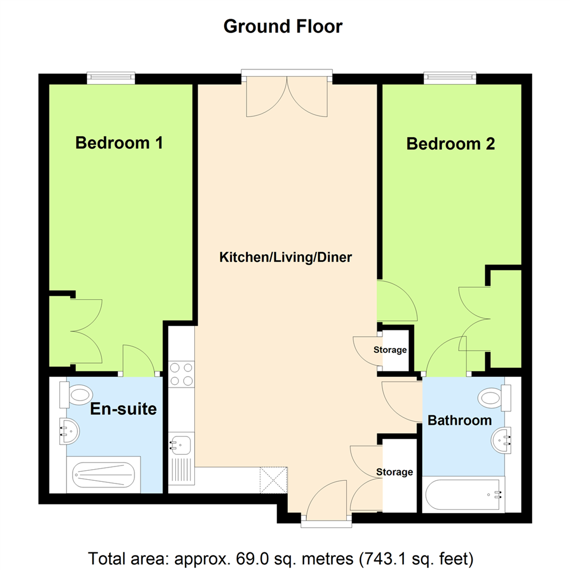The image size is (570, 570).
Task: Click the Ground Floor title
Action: pos(283,26)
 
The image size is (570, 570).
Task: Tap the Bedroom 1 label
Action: pos(119,143)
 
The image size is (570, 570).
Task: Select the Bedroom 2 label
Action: pos(450,144)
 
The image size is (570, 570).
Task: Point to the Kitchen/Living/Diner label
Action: pos(286,258)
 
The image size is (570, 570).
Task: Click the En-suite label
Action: pos(123,409)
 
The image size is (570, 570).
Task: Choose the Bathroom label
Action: pos(460,420)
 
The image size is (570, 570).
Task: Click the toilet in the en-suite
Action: pos(76,395)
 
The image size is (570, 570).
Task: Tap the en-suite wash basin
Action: pos(69,431)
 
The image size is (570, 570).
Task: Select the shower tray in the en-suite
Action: pos(103,475)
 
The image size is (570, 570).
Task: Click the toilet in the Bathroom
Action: pos(495,398)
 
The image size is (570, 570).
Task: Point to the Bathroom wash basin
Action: pos(501,441)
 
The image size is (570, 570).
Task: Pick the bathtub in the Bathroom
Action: pos(463,495)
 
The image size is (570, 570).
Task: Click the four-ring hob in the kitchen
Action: pos(182,374)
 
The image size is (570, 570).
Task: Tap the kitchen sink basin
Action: pos(180,445)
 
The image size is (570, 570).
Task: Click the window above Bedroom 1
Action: pos(111,78)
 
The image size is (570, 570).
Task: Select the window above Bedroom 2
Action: pos(450,78)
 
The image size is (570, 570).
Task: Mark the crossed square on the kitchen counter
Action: pos(273,480)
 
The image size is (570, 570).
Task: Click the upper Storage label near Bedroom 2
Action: pos(390,350)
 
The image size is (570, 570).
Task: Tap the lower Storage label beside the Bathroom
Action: pos(394,472)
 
